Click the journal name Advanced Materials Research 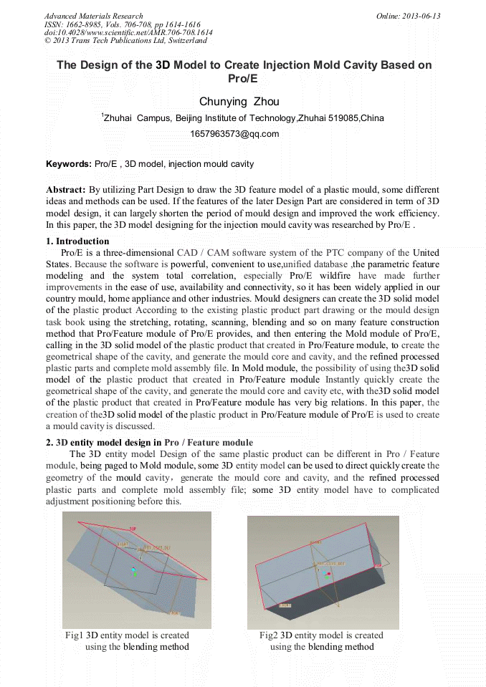click(93, 16)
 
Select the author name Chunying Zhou click(239, 102)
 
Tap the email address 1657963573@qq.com click(234, 134)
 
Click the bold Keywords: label click(69, 164)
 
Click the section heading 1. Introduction click(77, 241)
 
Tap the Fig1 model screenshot click(137, 570)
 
